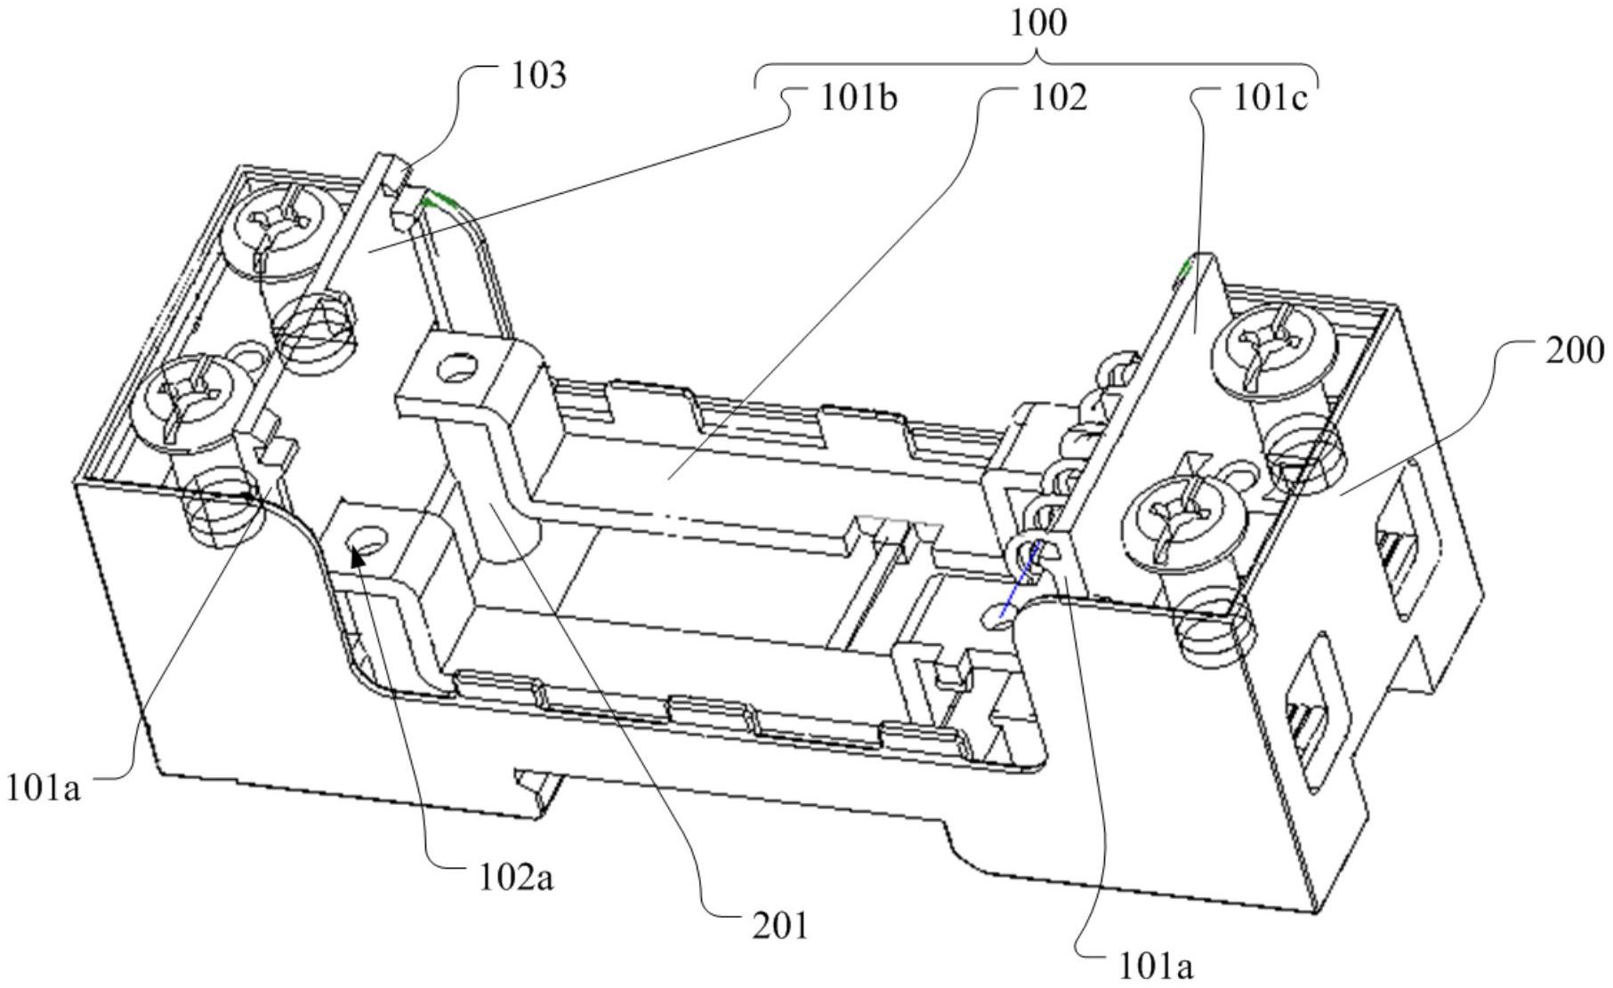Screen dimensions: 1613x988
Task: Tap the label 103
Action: [x=538, y=76]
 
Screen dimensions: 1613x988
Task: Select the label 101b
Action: [x=859, y=98]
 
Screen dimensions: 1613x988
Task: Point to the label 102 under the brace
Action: [x=1059, y=98]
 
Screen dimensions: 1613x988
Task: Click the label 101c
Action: [x=1270, y=99]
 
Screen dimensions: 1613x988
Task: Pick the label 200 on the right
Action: [x=1576, y=351]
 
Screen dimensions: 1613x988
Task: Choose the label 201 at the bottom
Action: [x=781, y=926]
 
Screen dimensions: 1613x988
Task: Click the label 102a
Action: [x=516, y=878]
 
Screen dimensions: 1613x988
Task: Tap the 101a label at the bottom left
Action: [x=44, y=787]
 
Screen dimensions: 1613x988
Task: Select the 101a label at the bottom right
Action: [x=1154, y=965]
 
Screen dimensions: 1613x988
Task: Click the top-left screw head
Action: [x=278, y=228]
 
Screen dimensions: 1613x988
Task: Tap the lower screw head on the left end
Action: [x=187, y=398]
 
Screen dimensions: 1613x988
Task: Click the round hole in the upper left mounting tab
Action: [x=459, y=367]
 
